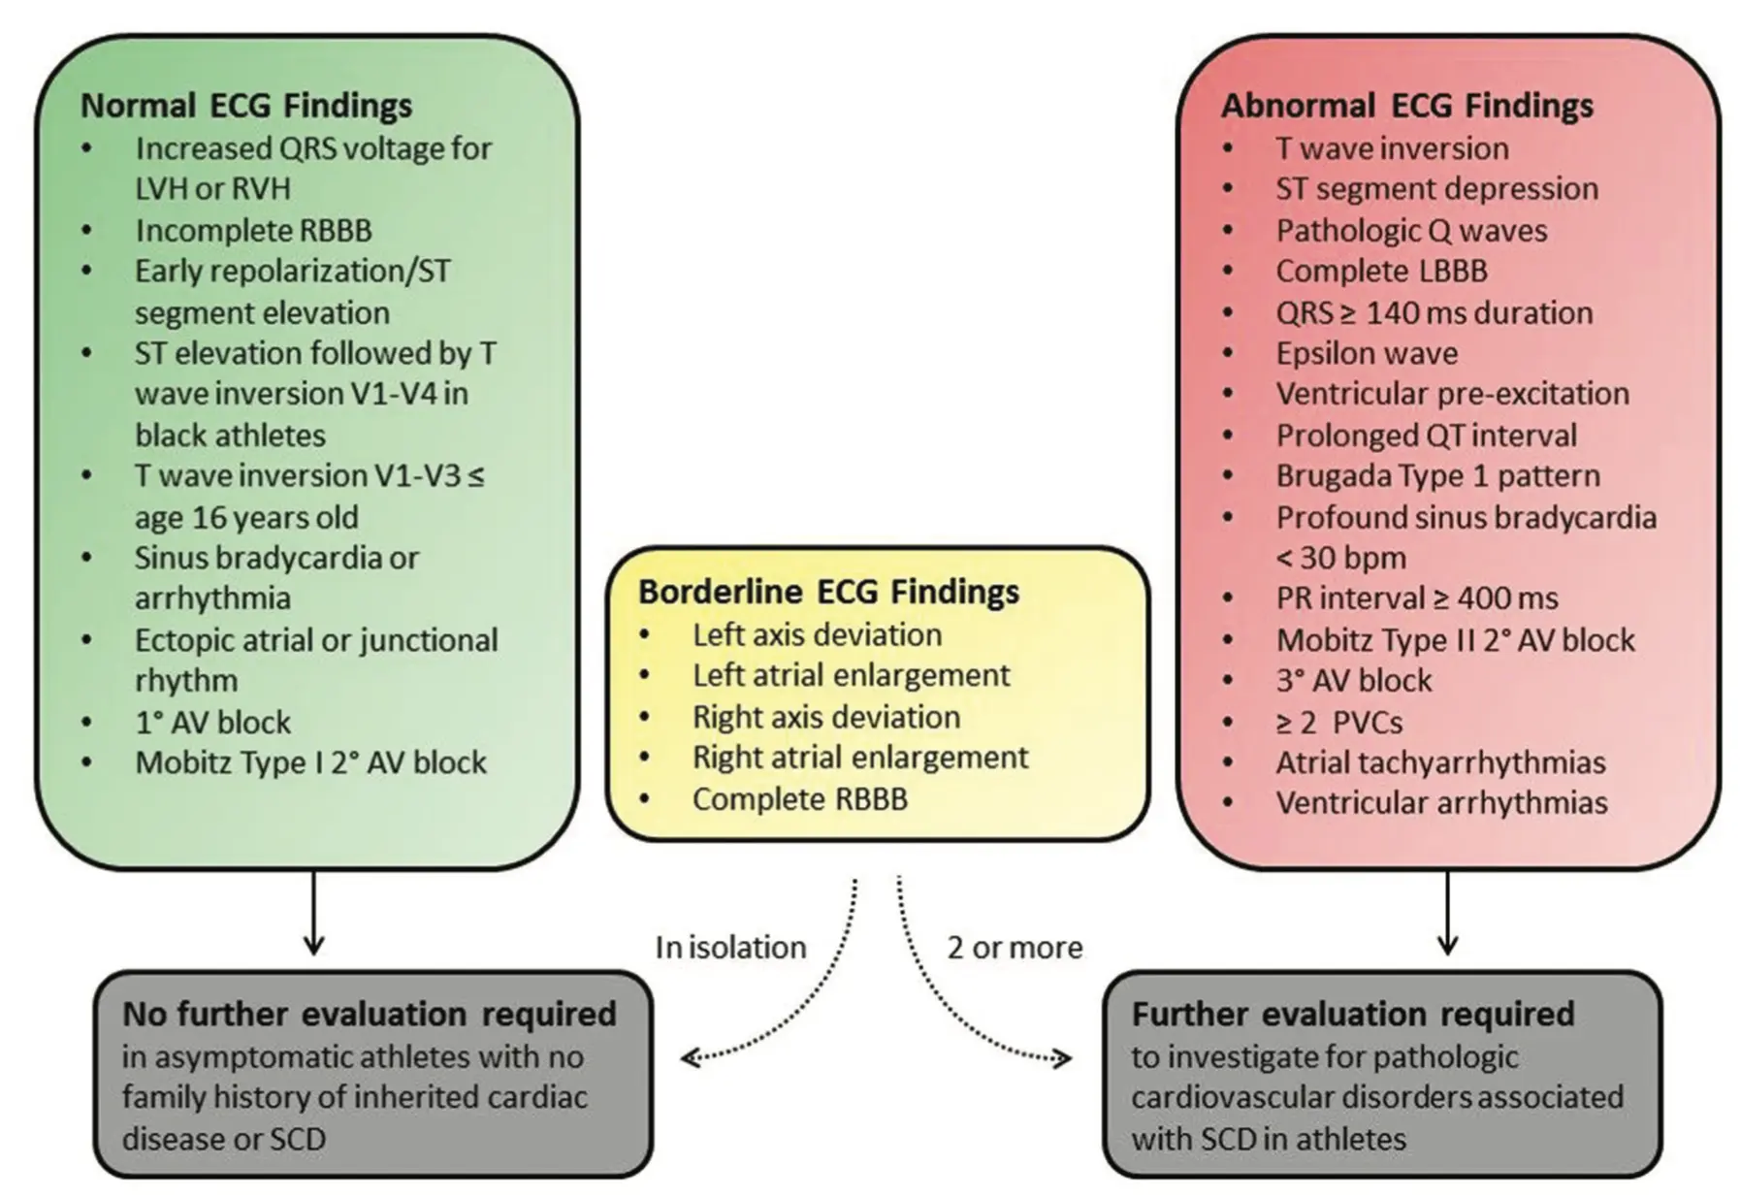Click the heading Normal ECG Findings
246,106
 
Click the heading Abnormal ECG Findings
1406,106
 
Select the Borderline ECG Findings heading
828,592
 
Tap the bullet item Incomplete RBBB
253,231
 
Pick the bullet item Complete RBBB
799,799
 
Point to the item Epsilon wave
1366,353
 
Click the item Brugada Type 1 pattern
1437,476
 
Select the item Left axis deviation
817,635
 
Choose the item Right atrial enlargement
859,758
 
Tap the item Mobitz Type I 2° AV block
310,763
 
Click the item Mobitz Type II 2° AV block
1455,640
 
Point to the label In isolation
730,948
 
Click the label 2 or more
1015,948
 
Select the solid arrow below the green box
313,913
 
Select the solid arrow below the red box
1447,913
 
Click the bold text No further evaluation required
369,1015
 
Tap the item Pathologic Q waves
1410,231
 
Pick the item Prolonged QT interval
1426,436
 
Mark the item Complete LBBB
1381,272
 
